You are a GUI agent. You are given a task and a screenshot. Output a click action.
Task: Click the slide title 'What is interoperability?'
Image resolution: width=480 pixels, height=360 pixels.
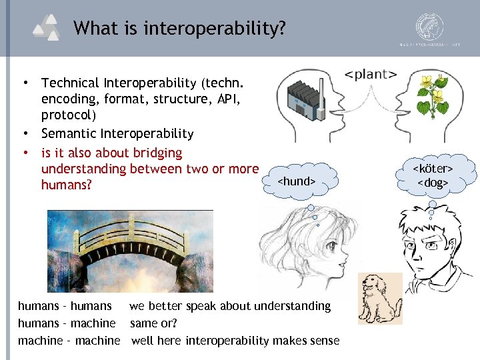[x=180, y=29]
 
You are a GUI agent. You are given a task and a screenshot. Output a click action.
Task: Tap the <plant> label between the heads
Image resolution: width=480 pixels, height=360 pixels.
[x=371, y=73]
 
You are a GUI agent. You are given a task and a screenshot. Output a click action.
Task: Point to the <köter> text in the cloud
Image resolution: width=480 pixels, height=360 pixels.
[x=433, y=169]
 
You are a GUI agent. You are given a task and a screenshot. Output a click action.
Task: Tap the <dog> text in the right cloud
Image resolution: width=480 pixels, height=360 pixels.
[x=433, y=183]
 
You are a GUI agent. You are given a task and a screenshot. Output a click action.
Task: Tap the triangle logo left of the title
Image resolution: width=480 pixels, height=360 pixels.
[x=49, y=29]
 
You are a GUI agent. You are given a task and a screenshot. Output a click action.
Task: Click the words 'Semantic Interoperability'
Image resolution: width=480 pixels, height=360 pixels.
[x=117, y=134]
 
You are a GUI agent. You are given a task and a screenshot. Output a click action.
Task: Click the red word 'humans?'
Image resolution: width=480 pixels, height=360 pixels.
[x=67, y=185]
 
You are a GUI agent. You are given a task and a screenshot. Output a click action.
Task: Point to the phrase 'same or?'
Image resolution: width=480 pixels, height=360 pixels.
[x=153, y=323]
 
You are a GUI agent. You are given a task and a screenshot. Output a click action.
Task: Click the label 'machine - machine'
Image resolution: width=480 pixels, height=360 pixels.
[x=69, y=341]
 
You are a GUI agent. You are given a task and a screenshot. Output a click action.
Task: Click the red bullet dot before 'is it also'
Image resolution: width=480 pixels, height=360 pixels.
[x=25, y=153]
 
